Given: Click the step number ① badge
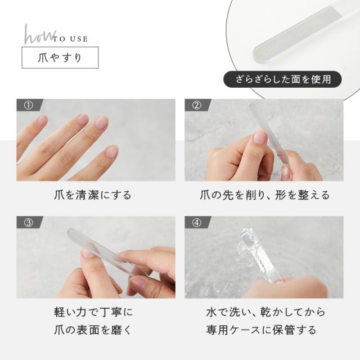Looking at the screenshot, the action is (29, 105).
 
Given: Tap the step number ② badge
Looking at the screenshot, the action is (197, 105).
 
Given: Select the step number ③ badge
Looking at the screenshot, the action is (29, 223).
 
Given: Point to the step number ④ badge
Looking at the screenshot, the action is (197, 223).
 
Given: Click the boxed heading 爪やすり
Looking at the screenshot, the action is (60, 57).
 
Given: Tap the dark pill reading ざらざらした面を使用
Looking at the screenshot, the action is (282, 79).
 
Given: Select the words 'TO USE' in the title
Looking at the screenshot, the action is (70, 39).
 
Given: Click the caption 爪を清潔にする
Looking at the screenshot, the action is (93, 195).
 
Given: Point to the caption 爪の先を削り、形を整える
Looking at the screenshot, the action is (264, 195).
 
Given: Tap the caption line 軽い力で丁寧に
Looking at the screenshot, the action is (93, 312).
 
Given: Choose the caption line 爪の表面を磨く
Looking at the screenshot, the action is (93, 330).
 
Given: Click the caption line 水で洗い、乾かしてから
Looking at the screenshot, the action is (265, 312).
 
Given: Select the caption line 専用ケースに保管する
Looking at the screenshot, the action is (261, 330).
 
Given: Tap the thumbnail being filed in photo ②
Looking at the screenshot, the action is (260, 137).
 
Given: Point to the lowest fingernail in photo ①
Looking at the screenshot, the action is (111, 151).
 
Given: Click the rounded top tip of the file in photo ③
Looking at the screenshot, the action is (70, 231).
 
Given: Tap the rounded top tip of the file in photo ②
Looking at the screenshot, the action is (252, 106).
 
